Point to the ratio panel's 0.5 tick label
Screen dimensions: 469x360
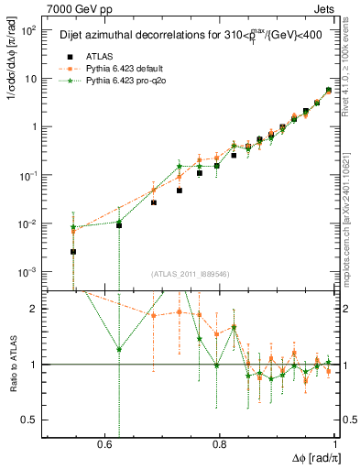(x=31, y=420)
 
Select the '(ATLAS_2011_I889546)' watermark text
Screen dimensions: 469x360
(x=189, y=274)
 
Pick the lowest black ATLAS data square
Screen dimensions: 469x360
(x=73, y=251)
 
